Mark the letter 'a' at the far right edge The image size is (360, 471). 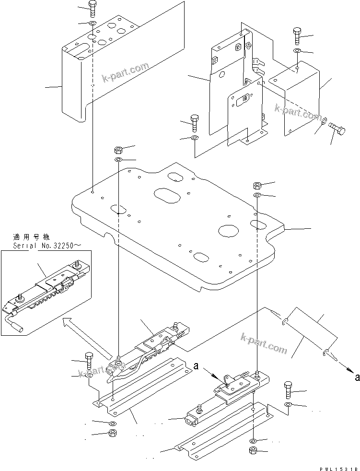click(357, 377)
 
